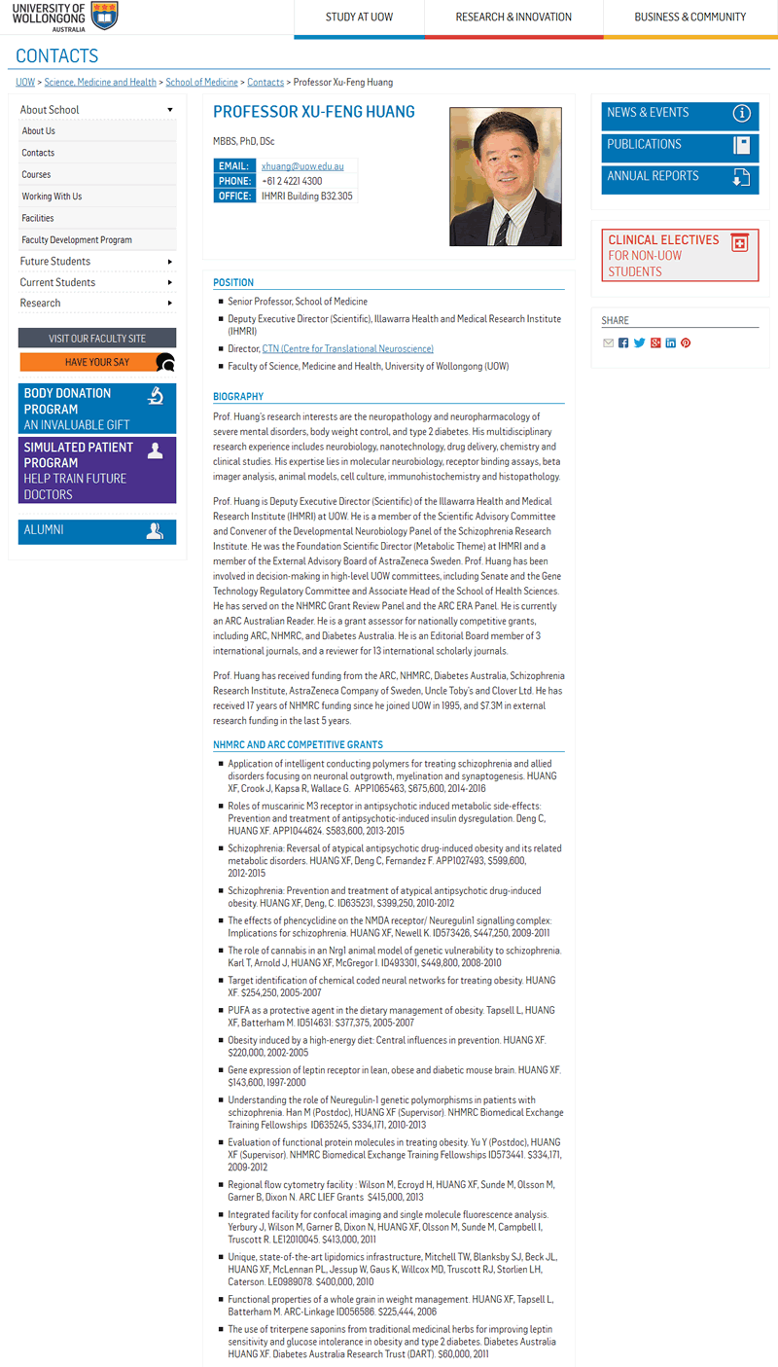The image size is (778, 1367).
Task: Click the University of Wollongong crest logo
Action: tap(104, 16)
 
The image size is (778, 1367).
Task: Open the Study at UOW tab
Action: tap(360, 18)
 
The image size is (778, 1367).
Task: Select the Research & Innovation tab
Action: tap(513, 18)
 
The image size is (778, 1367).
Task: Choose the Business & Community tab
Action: tap(690, 18)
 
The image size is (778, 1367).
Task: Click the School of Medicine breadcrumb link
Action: tap(201, 83)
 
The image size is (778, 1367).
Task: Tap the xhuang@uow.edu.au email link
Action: tap(302, 166)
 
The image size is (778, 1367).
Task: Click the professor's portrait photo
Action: tap(505, 176)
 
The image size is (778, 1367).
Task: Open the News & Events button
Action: tap(679, 114)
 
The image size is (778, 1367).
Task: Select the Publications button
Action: tap(679, 145)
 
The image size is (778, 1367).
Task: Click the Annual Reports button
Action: tap(679, 177)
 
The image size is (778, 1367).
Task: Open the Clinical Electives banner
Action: tap(679, 256)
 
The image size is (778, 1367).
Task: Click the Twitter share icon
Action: tap(639, 343)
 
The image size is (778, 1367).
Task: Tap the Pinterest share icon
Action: tap(686, 343)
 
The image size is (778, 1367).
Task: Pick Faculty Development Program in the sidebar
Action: tap(77, 240)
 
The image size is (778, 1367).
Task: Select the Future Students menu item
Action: tap(55, 262)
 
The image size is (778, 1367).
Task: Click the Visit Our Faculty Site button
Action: tap(97, 339)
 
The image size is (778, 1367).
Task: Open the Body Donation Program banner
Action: tap(97, 409)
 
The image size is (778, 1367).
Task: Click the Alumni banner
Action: tap(97, 531)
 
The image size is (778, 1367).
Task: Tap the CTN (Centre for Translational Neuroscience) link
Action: tap(347, 348)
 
